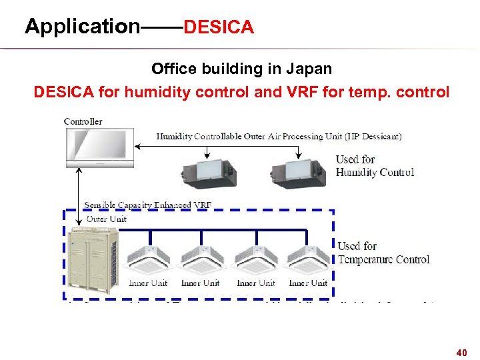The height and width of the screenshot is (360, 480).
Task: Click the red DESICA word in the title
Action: [x=219, y=28]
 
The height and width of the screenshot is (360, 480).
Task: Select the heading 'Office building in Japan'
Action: [x=241, y=69]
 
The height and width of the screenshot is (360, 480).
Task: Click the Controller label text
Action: [x=83, y=121]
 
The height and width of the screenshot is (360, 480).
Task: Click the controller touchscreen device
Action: [x=99, y=147]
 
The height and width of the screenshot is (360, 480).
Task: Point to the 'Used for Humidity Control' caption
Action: [x=374, y=165]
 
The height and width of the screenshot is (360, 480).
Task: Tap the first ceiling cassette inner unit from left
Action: [x=149, y=259]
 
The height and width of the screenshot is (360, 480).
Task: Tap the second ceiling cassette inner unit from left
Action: [x=201, y=259]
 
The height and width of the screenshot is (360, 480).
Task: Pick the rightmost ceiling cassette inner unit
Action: [x=307, y=259]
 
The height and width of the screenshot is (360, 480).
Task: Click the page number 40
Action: [x=461, y=351]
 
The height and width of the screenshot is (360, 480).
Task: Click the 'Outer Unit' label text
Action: [x=107, y=219]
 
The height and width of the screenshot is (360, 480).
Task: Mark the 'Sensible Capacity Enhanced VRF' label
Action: [x=147, y=205]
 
